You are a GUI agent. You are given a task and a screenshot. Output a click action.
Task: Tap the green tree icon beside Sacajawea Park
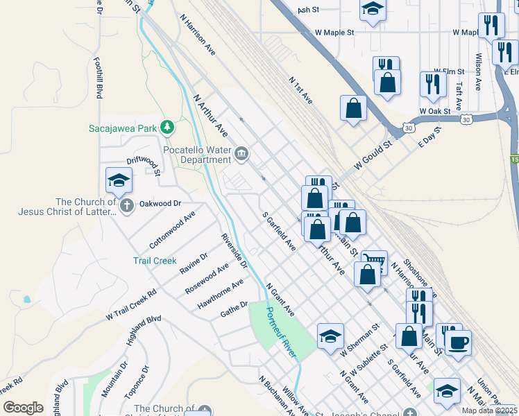[167, 128]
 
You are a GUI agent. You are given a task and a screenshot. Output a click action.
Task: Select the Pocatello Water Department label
[196, 154]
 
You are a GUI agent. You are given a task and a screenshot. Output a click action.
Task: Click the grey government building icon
[241, 153]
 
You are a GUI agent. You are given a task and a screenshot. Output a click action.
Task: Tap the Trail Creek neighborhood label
[155, 261]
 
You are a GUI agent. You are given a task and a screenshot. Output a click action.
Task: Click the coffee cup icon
[458, 342]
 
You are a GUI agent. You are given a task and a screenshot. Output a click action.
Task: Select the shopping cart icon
[375, 261]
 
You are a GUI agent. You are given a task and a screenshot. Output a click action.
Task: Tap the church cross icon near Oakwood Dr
[126, 205]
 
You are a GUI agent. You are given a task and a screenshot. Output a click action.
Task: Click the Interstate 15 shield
[514, 160]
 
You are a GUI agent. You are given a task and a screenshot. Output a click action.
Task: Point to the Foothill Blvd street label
[101, 76]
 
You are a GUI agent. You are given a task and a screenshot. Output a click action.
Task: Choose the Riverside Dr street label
[234, 250]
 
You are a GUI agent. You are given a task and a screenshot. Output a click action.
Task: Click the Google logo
[24, 408]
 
